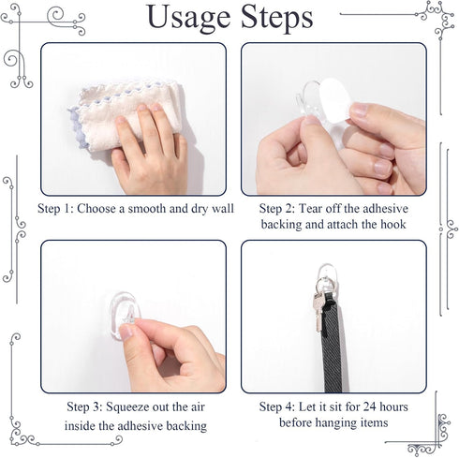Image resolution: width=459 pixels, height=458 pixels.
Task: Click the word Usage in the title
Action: point(190,18)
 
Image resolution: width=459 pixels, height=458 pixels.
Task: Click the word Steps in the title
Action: point(271,18)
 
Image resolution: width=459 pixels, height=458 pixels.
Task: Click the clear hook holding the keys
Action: point(324,277)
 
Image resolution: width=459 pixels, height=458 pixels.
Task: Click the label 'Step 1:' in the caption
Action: point(59,209)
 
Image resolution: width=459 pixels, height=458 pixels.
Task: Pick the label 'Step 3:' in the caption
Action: point(86,407)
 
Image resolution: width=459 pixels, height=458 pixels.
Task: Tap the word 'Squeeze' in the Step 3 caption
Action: point(137,407)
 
